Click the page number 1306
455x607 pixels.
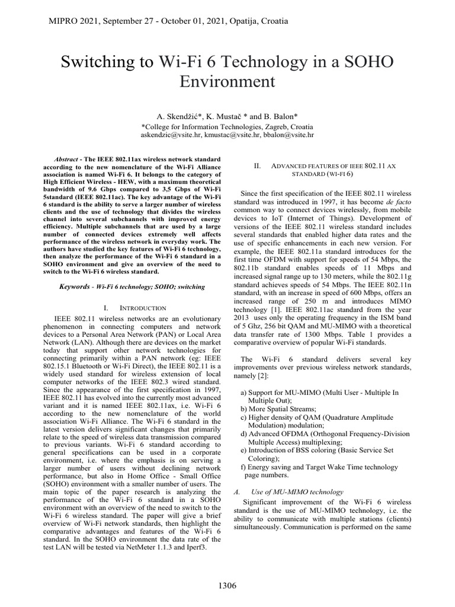tap(227, 586)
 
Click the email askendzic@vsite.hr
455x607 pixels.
tap(168, 135)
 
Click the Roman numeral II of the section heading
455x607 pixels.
tap(258, 167)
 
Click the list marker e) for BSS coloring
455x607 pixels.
tap(244, 451)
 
